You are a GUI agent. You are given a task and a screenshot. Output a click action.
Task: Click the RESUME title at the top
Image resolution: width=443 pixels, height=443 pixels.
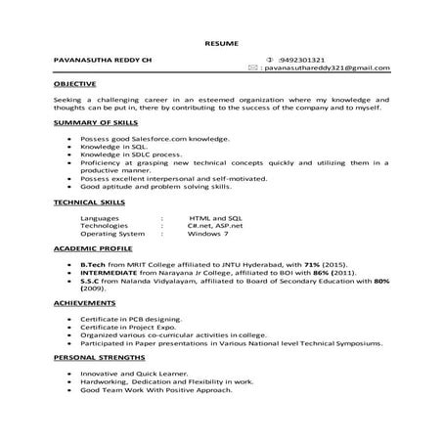(x=221, y=45)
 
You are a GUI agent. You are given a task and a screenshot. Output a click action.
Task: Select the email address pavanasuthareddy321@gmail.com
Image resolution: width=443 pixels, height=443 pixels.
(x=327, y=68)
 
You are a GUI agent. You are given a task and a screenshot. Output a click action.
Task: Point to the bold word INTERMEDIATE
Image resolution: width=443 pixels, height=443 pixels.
(x=111, y=273)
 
